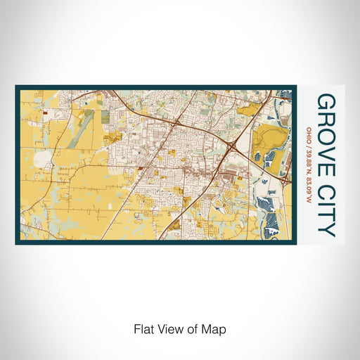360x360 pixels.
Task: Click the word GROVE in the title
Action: [326, 129]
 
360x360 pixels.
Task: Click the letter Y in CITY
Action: [326, 228]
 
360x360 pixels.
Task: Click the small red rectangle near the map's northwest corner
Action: [44, 111]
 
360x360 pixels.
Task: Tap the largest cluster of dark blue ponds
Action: [273, 207]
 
